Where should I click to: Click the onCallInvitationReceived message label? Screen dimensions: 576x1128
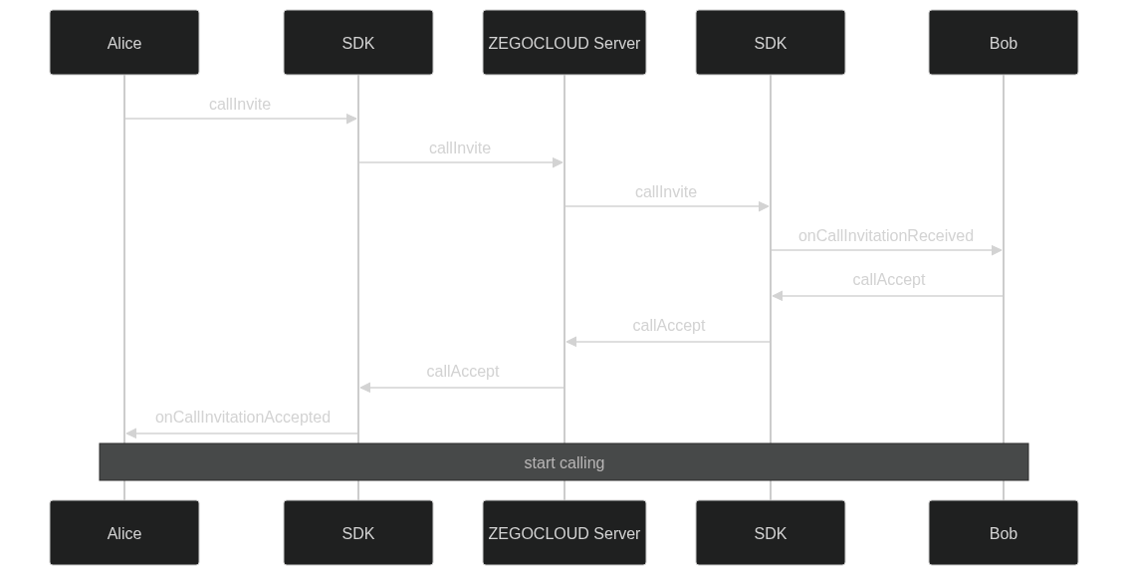coord(885,236)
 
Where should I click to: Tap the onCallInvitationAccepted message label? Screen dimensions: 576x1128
coord(242,418)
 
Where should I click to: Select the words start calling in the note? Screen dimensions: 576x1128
coord(564,463)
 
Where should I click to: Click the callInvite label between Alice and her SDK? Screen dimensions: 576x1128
coord(239,105)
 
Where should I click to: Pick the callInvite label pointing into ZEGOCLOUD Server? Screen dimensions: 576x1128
coord(459,148)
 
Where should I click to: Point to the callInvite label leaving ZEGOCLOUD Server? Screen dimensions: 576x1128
coord(665,192)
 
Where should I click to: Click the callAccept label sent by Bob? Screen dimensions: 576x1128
coord(888,280)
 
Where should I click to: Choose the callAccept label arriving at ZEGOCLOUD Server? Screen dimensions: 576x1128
coord(668,326)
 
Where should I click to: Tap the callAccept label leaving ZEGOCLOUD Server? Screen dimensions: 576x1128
coord(462,372)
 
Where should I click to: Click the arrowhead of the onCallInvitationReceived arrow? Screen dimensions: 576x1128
coord(997,250)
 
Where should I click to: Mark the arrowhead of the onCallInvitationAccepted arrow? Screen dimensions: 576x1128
coord(130,433)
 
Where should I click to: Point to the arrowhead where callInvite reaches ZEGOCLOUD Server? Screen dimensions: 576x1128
coord(559,162)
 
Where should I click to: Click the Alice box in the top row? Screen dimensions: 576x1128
coord(124,43)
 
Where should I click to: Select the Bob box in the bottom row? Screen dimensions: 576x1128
coord(1003,533)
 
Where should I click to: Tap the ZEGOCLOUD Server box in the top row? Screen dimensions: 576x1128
coord(564,43)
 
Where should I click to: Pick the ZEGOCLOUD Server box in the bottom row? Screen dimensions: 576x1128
coord(564,533)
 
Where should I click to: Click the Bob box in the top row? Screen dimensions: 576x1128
coord(1003,43)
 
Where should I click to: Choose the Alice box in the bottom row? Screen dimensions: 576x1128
coord(124,533)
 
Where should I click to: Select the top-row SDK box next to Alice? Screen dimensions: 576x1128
coord(357,43)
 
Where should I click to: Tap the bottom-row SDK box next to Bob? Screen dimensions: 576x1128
coord(770,533)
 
